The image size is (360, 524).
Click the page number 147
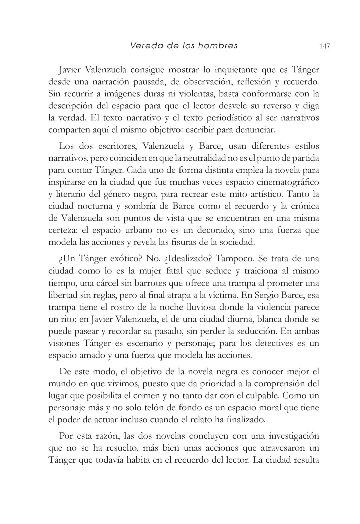coord(324,46)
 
